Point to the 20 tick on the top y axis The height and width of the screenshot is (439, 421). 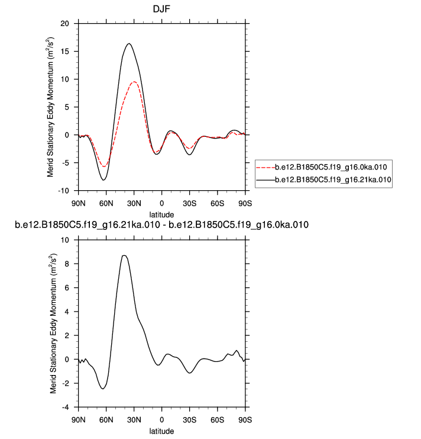click(64, 23)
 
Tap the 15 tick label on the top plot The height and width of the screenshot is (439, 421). click(64, 51)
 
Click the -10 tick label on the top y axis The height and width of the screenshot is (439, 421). click(63, 191)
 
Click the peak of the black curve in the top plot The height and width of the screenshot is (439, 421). click(128, 43)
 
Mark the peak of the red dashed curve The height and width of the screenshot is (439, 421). click(135, 82)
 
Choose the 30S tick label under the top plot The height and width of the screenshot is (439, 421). click(189, 203)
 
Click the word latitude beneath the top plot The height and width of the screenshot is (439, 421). click(161, 214)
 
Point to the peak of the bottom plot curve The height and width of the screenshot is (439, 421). click(124, 255)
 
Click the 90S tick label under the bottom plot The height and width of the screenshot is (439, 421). click(245, 420)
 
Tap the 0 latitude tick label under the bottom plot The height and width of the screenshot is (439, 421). click(161, 420)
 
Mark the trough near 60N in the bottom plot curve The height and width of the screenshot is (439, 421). click(103, 389)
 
